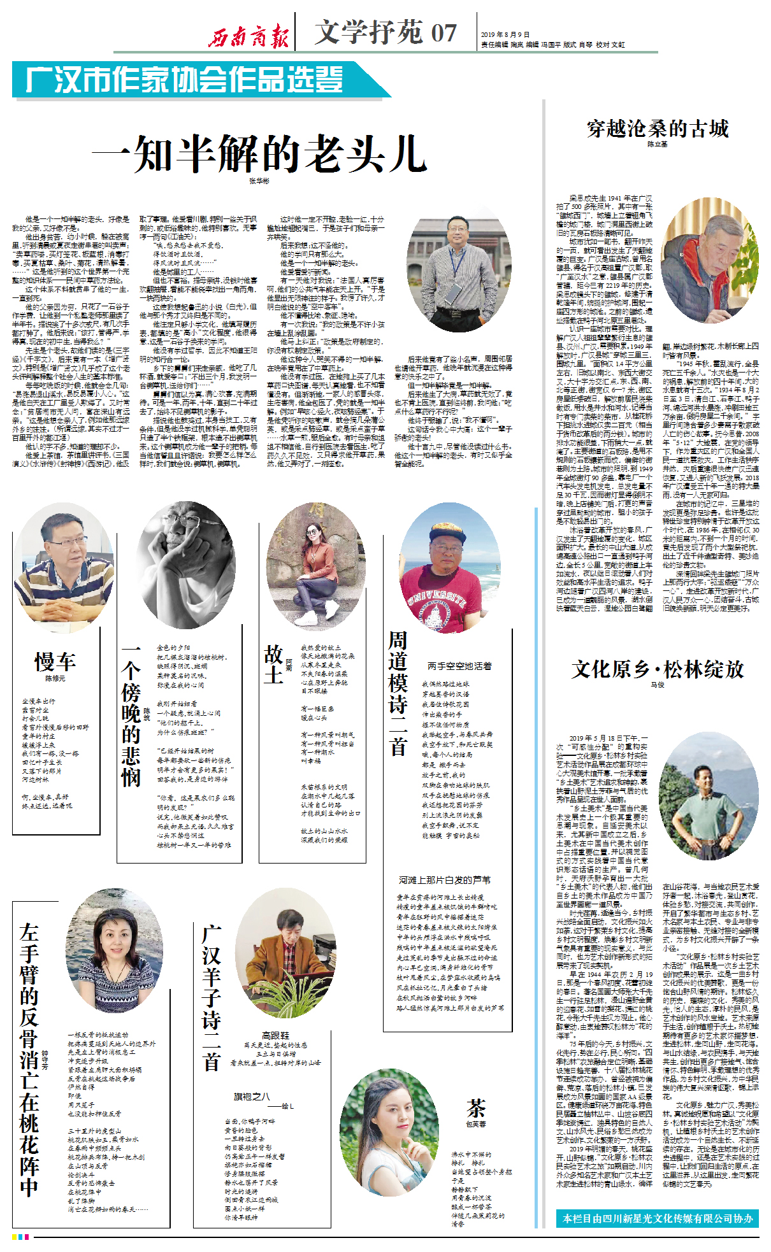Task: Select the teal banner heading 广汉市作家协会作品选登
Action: pyautogui.click(x=185, y=80)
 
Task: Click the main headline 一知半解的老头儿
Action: pyautogui.click(x=259, y=155)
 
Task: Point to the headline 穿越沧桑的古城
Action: pyautogui.click(x=658, y=129)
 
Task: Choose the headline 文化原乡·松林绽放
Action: pyautogui.click(x=658, y=669)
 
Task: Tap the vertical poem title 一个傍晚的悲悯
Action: pyautogui.click(x=131, y=716)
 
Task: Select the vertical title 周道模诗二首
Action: pyautogui.click(x=398, y=692)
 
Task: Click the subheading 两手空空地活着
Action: pyautogui.click(x=459, y=666)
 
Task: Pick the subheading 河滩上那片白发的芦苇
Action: pyautogui.click(x=445, y=879)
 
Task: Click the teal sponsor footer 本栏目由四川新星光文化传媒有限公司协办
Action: pyautogui.click(x=658, y=1219)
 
